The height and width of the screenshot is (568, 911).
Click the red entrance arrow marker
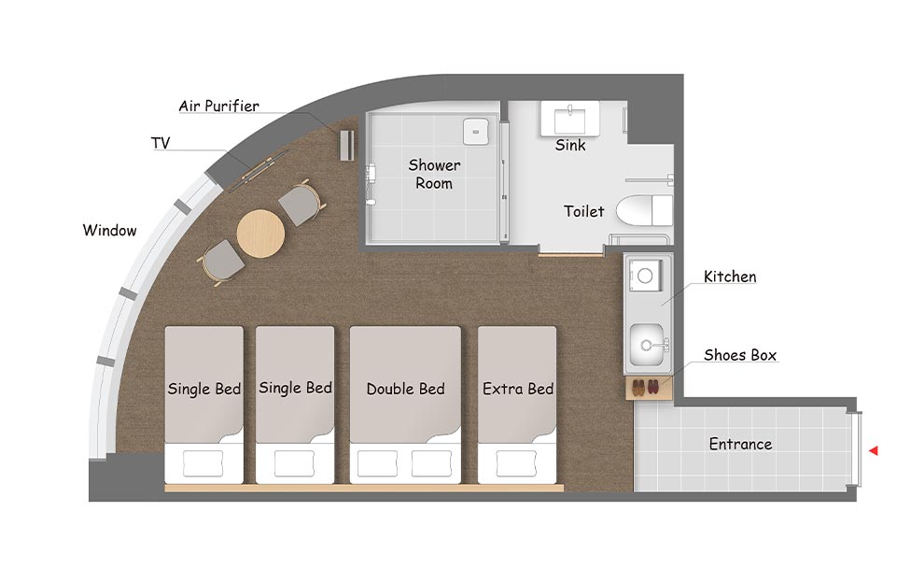pyautogui.click(x=874, y=450)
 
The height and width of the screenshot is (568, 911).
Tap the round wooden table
pyautogui.click(x=260, y=234)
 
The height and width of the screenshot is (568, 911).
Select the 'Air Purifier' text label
pyautogui.click(x=219, y=106)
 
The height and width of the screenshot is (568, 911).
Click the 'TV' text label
pyautogui.click(x=161, y=143)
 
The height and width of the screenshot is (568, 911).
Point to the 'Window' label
pyautogui.click(x=110, y=230)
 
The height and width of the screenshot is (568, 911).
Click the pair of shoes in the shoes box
pyautogui.click(x=646, y=387)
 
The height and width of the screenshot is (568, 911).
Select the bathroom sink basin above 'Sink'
pyautogui.click(x=570, y=120)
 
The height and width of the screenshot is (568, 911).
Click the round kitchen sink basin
pyautogui.click(x=647, y=345)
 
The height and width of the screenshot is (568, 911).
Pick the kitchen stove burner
pyautogui.click(x=645, y=276)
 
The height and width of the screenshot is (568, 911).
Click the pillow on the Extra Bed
pyautogui.click(x=516, y=463)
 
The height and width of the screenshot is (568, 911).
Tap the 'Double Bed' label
pyautogui.click(x=405, y=389)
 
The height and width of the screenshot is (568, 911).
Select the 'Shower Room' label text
pyautogui.click(x=434, y=174)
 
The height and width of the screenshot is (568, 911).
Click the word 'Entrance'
pyautogui.click(x=741, y=444)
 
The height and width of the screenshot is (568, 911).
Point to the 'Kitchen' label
pyautogui.click(x=730, y=277)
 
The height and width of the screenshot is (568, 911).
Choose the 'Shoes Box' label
pyautogui.click(x=740, y=355)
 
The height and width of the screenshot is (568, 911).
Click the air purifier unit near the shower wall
pyautogui.click(x=346, y=146)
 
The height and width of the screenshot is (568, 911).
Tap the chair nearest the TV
pyautogui.click(x=301, y=204)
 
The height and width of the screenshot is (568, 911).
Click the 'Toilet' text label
pyautogui.click(x=584, y=211)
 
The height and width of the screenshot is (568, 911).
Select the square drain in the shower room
pyautogui.click(x=476, y=132)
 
